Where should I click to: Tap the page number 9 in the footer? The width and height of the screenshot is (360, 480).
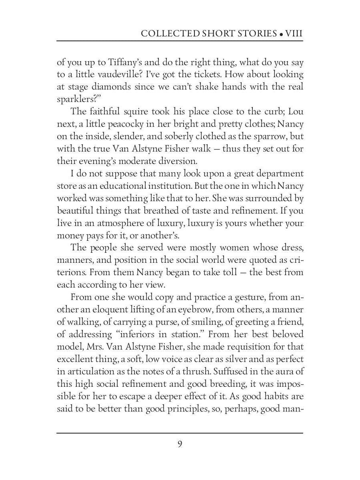(x=180, y=444)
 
